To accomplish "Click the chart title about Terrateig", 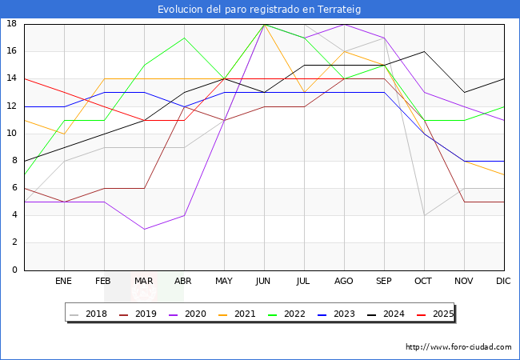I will (260, 9).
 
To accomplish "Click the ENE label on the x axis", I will (64, 282).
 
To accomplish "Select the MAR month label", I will (144, 282).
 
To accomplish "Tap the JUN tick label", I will (264, 282).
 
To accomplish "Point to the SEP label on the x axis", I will (384, 282).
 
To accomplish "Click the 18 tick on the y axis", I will (12, 24).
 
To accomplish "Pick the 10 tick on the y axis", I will (12, 134).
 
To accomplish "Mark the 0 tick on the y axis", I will (15, 270).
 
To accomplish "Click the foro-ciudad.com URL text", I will (458, 347).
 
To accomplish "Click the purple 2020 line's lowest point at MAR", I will (144, 229).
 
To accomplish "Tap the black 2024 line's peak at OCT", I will (424, 51).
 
